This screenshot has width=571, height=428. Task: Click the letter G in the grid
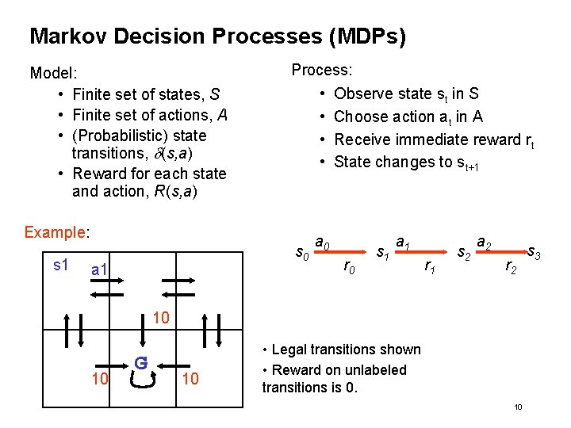[x=140, y=363]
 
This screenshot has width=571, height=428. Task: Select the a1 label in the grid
[x=100, y=271]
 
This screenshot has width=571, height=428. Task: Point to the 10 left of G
[x=100, y=379]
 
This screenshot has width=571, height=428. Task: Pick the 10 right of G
[x=191, y=379]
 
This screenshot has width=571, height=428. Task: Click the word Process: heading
[x=322, y=70]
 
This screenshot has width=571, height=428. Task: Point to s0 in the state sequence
[x=302, y=254]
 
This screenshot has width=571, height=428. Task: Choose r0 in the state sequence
[x=349, y=268]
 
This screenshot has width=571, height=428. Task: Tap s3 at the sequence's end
[x=534, y=255]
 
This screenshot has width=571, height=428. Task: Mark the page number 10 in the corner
[x=517, y=407]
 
